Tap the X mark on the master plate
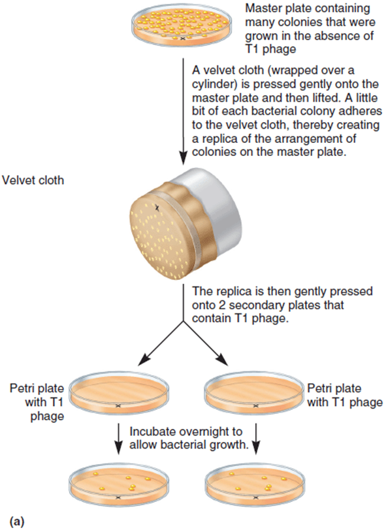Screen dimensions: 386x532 (x=183, y=39)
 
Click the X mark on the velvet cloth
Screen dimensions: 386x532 (x=157, y=208)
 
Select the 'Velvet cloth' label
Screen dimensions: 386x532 (x=33, y=180)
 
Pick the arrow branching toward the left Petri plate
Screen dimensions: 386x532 (x=161, y=344)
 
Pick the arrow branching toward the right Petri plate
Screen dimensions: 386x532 (x=206, y=344)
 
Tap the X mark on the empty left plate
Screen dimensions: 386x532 (x=118, y=406)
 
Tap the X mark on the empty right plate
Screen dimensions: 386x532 (x=255, y=406)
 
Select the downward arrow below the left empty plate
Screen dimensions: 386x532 (x=118, y=438)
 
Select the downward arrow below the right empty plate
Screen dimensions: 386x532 (x=256, y=438)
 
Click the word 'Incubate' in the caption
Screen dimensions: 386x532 (x=152, y=431)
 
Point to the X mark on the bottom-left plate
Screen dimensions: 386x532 (x=118, y=498)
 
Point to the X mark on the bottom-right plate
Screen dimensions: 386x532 (x=255, y=498)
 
